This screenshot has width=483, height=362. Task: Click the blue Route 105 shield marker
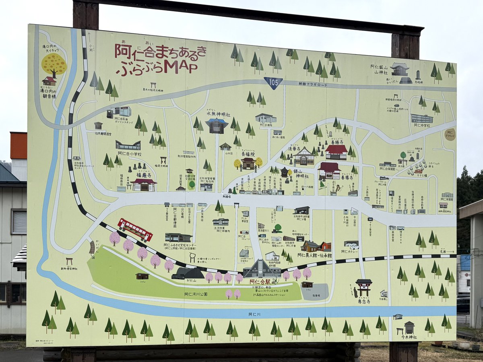(x=273, y=82)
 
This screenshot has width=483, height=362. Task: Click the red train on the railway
(x=135, y=229)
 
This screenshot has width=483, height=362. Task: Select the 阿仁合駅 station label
(x=262, y=282)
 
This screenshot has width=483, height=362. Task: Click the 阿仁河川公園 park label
(x=196, y=294)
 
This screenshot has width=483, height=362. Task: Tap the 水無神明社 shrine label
(x=218, y=114)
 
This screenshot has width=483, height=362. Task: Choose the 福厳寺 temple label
(x=144, y=175)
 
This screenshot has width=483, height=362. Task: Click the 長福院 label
(x=248, y=154)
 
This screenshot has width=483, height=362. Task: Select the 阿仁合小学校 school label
(x=130, y=153)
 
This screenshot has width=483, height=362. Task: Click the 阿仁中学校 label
(x=422, y=125)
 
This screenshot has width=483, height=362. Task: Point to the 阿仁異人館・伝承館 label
(x=314, y=255)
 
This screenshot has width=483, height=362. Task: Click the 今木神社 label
(x=409, y=337)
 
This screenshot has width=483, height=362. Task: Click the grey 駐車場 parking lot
(x=315, y=292)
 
